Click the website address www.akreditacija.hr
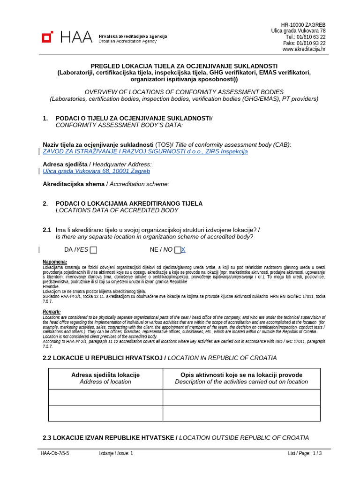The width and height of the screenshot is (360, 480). click(304, 49)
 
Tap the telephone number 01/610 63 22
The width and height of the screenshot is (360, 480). click(312, 37)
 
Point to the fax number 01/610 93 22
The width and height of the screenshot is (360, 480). click(311, 43)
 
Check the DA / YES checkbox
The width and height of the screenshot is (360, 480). click(94, 250)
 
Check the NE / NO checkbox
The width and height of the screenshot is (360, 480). click(177, 250)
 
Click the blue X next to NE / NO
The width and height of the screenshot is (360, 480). click(183, 250)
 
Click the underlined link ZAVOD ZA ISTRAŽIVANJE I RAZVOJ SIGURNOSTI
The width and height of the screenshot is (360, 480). click(145, 151)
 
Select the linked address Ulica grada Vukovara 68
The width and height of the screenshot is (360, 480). click(96, 171)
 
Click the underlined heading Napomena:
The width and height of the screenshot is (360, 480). click(55, 262)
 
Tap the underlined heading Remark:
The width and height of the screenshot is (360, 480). click(52, 312)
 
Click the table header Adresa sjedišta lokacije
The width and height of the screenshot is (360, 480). click(105, 375)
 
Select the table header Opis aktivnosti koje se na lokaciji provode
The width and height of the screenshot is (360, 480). click(241, 375)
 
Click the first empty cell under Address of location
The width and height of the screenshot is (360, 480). click(105, 397)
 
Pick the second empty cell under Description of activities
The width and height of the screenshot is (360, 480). click(241, 413)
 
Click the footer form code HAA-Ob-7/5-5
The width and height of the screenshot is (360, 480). click(55, 453)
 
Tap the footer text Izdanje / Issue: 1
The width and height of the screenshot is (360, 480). click(116, 453)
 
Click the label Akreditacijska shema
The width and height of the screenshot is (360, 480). click(74, 184)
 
